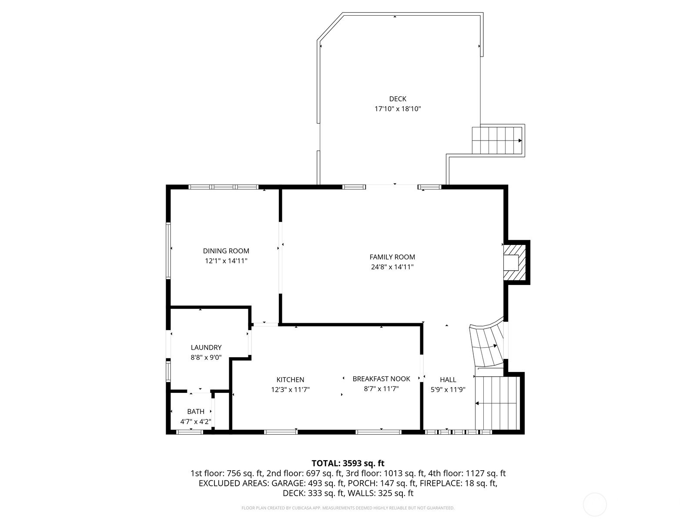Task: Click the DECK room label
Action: pyautogui.click(x=398, y=99)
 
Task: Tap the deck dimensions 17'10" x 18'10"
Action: pyautogui.click(x=398, y=109)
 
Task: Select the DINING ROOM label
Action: pyautogui.click(x=226, y=251)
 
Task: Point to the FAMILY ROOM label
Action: pyautogui.click(x=392, y=257)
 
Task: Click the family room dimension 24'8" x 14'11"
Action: pyautogui.click(x=392, y=267)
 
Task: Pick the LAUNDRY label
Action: pyautogui.click(x=206, y=348)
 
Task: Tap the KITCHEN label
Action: pyautogui.click(x=290, y=380)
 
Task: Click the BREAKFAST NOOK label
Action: pyautogui.click(x=381, y=379)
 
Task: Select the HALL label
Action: pyautogui.click(x=448, y=380)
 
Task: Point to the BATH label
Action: pyautogui.click(x=196, y=412)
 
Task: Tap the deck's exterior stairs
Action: pyautogui.click(x=497, y=141)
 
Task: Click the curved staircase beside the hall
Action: pyautogui.click(x=487, y=344)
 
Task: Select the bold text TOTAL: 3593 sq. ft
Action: pyautogui.click(x=348, y=463)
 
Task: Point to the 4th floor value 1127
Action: pyautogui.click(x=475, y=474)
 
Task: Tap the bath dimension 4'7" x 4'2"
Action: pyautogui.click(x=196, y=422)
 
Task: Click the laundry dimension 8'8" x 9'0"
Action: pyautogui.click(x=206, y=358)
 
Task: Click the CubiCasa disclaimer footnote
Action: pyautogui.click(x=348, y=508)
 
